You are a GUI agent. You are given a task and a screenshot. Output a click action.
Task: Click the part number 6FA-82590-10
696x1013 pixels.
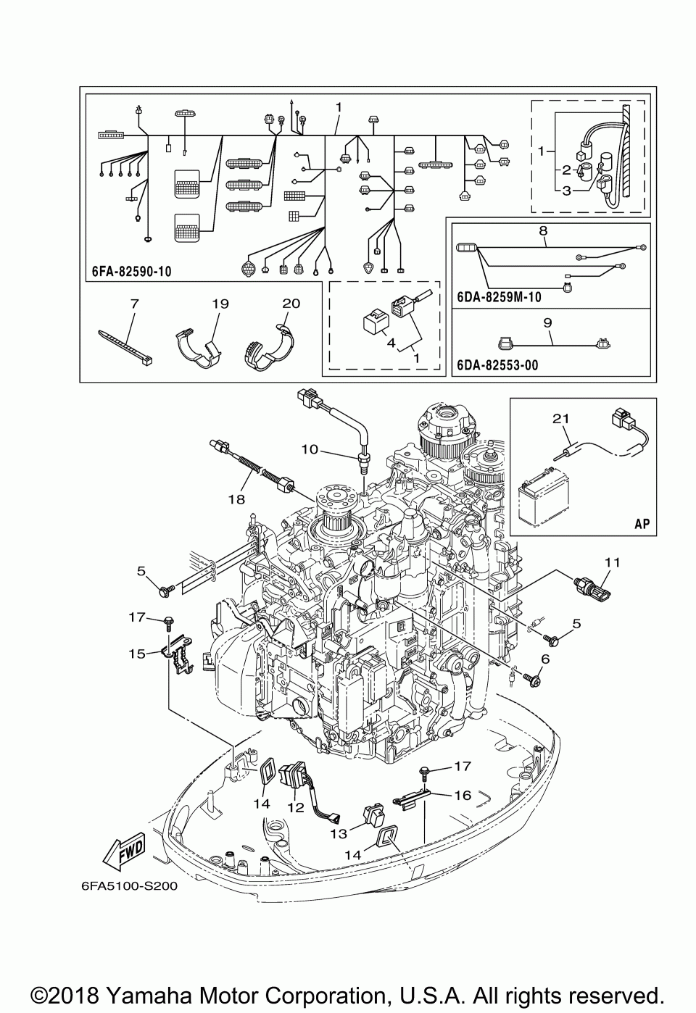132,272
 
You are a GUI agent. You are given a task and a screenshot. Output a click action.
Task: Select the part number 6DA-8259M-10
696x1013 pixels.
499,297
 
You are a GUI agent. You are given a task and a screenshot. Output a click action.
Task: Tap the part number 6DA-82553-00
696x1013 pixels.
498,365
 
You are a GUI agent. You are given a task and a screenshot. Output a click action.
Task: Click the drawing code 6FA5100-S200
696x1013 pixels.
130,886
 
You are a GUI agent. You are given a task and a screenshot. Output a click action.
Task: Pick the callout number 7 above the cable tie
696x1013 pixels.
134,304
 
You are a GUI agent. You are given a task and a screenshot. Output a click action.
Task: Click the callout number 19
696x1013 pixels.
220,304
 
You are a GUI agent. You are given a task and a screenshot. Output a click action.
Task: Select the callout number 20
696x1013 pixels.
291,304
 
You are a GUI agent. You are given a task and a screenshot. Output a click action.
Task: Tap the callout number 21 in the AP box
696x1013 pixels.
560,419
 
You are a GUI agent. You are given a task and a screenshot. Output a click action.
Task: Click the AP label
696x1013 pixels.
642,524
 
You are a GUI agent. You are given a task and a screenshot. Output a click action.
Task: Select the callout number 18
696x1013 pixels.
236,499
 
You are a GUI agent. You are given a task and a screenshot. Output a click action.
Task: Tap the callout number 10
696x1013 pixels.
310,449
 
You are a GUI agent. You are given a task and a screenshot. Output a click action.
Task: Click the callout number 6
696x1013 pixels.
545,659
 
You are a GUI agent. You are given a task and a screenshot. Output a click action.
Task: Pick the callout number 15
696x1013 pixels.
137,654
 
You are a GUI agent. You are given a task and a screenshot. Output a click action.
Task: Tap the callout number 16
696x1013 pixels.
463,795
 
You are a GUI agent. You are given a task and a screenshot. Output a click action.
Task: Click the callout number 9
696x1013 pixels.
547,323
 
